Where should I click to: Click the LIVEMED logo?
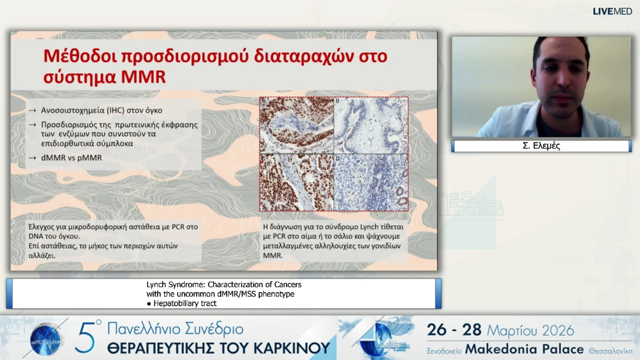point(612,11)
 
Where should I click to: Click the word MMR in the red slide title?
point(143,77)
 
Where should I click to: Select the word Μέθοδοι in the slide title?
point(80,56)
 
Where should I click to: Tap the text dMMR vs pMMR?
point(71,158)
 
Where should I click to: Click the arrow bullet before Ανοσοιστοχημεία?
point(32,110)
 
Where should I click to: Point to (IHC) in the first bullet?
point(115,110)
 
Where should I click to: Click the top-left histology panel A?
point(296,125)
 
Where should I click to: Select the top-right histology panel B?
point(371,125)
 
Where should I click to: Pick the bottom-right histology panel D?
point(371,182)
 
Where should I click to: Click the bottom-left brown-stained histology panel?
point(296,182)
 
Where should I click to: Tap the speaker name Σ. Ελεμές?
point(541,146)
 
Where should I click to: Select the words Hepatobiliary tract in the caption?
point(185,303)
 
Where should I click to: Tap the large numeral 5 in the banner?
point(86,339)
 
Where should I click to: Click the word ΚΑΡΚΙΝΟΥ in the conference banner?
point(292,348)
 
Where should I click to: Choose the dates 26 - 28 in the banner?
point(454,330)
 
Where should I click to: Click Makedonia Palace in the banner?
point(524,349)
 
